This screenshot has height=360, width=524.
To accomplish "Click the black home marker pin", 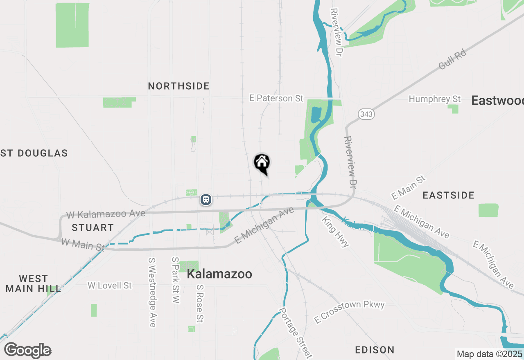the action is pyautogui.click(x=262, y=163).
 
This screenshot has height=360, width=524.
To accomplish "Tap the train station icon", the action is pyautogui.click(x=206, y=200).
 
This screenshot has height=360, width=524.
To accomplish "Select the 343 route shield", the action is pyautogui.click(x=366, y=114).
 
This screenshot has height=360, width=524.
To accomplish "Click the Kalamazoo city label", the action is pyautogui.click(x=219, y=274).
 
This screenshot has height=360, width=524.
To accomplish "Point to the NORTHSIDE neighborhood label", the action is pyautogui.click(x=179, y=86).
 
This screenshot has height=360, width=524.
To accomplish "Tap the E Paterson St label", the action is pyautogui.click(x=276, y=98).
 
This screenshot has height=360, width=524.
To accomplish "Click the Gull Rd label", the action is pyautogui.click(x=452, y=60).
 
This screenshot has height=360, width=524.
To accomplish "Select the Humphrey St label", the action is pyautogui.click(x=435, y=99).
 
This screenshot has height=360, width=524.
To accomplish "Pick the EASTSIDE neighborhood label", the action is pyautogui.click(x=449, y=195).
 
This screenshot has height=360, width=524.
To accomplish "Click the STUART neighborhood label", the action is pyautogui.click(x=93, y=227).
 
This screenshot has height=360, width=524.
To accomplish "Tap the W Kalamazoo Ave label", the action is pyautogui.click(x=106, y=214).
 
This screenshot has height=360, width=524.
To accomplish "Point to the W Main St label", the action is pyautogui.click(x=83, y=245).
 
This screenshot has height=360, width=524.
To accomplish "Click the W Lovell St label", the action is pyautogui.click(x=110, y=285).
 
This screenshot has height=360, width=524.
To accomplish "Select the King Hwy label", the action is pyautogui.click(x=335, y=232).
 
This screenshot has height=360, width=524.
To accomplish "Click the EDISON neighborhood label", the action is pyautogui.click(x=375, y=350).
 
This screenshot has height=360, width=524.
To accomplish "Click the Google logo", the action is pyautogui.click(x=28, y=350).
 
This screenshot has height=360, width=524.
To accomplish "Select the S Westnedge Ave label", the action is pyautogui.click(x=152, y=292).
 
